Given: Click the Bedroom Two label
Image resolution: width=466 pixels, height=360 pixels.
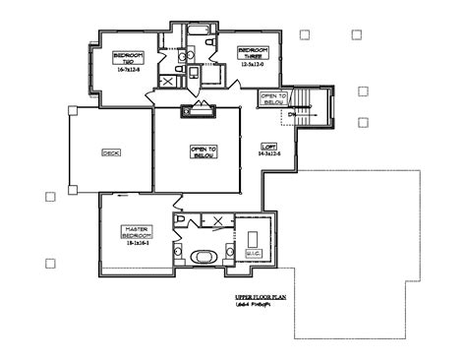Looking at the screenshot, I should [x=128, y=57].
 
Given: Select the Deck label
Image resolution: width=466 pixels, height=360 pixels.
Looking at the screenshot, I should [x=110, y=152].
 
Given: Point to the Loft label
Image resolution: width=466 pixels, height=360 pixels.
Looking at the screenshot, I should [x=269, y=148].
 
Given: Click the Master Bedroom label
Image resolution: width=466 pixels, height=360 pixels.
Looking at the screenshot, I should [x=135, y=232].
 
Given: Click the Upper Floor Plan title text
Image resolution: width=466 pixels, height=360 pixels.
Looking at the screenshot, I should [x=261, y=296].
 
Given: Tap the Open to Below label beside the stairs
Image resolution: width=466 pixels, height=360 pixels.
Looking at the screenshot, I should [x=272, y=97].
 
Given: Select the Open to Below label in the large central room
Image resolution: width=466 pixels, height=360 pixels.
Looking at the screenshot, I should [x=203, y=151].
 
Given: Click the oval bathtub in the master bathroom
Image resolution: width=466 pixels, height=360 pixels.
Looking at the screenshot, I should [x=204, y=257].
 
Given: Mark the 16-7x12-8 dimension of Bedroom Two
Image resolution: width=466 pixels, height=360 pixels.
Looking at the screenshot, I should [x=128, y=69].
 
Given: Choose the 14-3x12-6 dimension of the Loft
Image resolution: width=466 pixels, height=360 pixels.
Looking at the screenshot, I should [x=269, y=154].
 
